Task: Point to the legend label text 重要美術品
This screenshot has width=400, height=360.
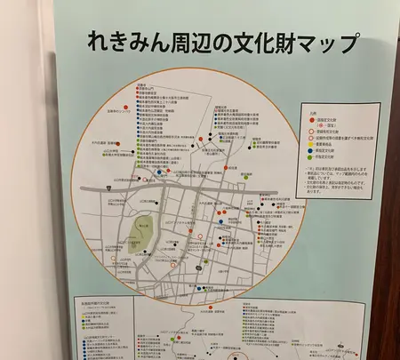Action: pos(321,144)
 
